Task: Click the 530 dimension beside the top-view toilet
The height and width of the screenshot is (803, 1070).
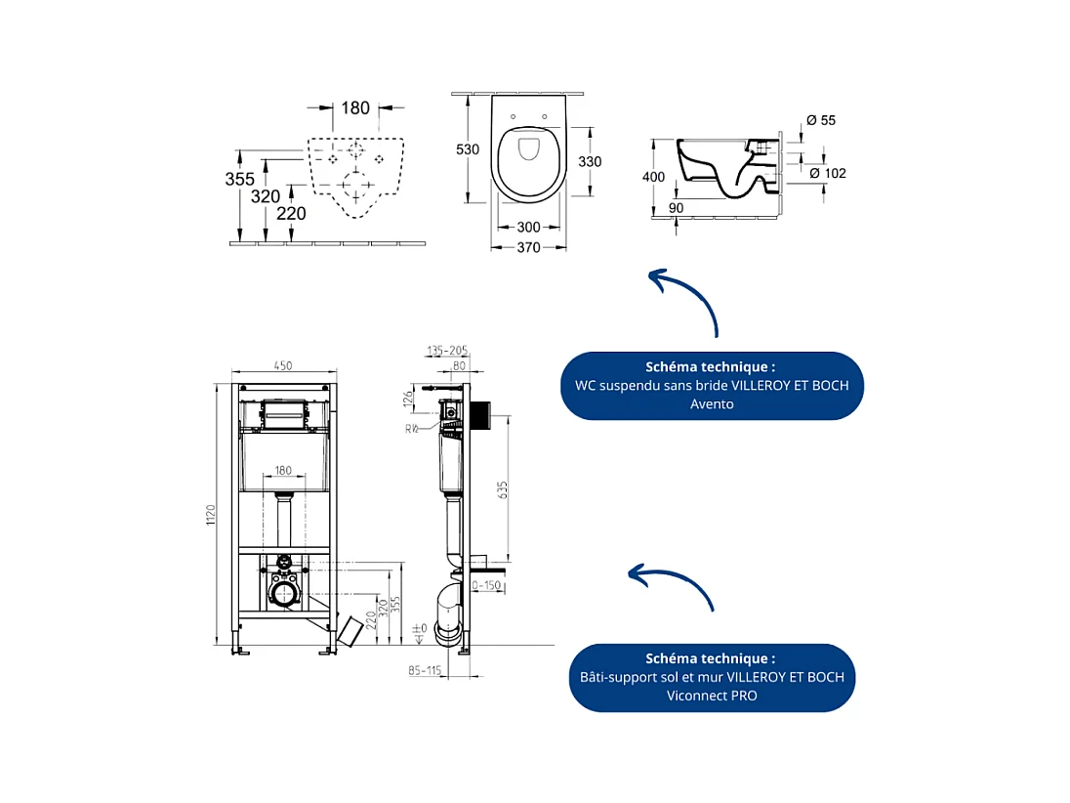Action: click(x=468, y=149)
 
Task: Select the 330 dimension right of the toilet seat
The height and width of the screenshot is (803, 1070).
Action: click(x=588, y=161)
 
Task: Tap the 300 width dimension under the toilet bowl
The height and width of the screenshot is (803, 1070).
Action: click(x=528, y=227)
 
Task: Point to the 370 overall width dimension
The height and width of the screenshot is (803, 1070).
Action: click(x=528, y=248)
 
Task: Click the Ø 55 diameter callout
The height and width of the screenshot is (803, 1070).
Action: click(x=821, y=120)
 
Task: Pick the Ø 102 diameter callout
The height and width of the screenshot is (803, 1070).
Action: click(x=827, y=173)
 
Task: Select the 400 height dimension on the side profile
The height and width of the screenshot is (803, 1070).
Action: click(x=653, y=177)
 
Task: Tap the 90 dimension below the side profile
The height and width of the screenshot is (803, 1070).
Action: click(x=676, y=207)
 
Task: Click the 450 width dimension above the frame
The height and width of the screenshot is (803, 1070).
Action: click(x=282, y=366)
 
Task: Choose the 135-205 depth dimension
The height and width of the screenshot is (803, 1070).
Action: click(x=447, y=349)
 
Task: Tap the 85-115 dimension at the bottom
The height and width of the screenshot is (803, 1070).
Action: click(x=427, y=670)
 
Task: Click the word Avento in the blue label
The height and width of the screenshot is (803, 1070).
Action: click(x=712, y=403)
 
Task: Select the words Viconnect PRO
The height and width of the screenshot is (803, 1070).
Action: click(x=712, y=696)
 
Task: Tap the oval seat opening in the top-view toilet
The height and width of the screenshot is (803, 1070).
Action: click(x=528, y=148)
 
